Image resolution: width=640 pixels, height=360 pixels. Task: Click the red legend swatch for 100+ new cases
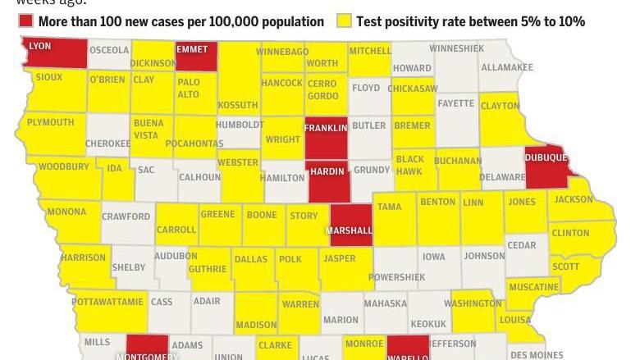point(26,21)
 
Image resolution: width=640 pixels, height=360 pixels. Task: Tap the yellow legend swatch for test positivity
point(344,21)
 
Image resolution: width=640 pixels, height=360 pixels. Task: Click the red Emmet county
point(196,56)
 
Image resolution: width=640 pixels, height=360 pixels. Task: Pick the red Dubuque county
point(545,164)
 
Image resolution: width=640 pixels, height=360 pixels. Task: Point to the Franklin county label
point(326,129)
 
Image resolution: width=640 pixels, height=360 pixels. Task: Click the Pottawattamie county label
point(107,302)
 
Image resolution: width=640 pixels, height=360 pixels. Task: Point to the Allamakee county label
point(506,66)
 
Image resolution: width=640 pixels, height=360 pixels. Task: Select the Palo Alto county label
point(189,88)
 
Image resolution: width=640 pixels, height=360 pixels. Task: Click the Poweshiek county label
point(396,277)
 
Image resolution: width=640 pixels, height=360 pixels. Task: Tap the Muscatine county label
point(533,287)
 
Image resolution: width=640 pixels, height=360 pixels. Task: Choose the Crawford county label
point(126,216)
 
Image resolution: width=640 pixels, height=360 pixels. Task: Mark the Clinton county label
point(570,233)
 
